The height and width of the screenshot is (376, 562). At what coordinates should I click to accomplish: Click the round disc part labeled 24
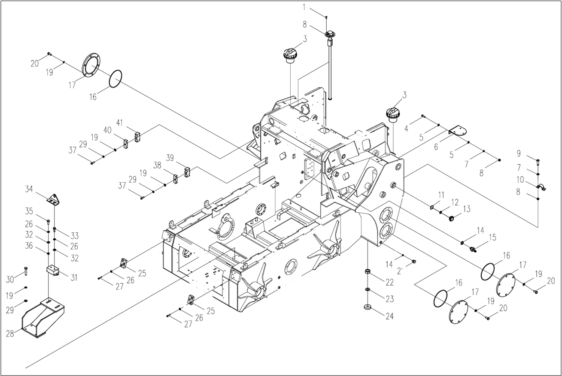(x=368, y=307)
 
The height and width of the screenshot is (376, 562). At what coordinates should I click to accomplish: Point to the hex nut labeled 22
(x=368, y=271)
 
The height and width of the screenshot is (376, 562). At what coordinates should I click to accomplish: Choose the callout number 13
(x=467, y=209)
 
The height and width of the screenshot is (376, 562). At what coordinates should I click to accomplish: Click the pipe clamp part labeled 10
(x=541, y=186)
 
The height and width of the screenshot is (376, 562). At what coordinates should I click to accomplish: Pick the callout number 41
(x=119, y=123)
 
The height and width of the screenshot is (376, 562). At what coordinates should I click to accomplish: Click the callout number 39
(x=170, y=158)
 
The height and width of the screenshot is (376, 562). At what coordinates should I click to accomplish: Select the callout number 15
(x=492, y=237)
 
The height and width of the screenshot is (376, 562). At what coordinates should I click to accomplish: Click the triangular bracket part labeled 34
(x=54, y=199)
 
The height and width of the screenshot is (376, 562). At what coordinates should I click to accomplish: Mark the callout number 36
(x=29, y=246)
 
